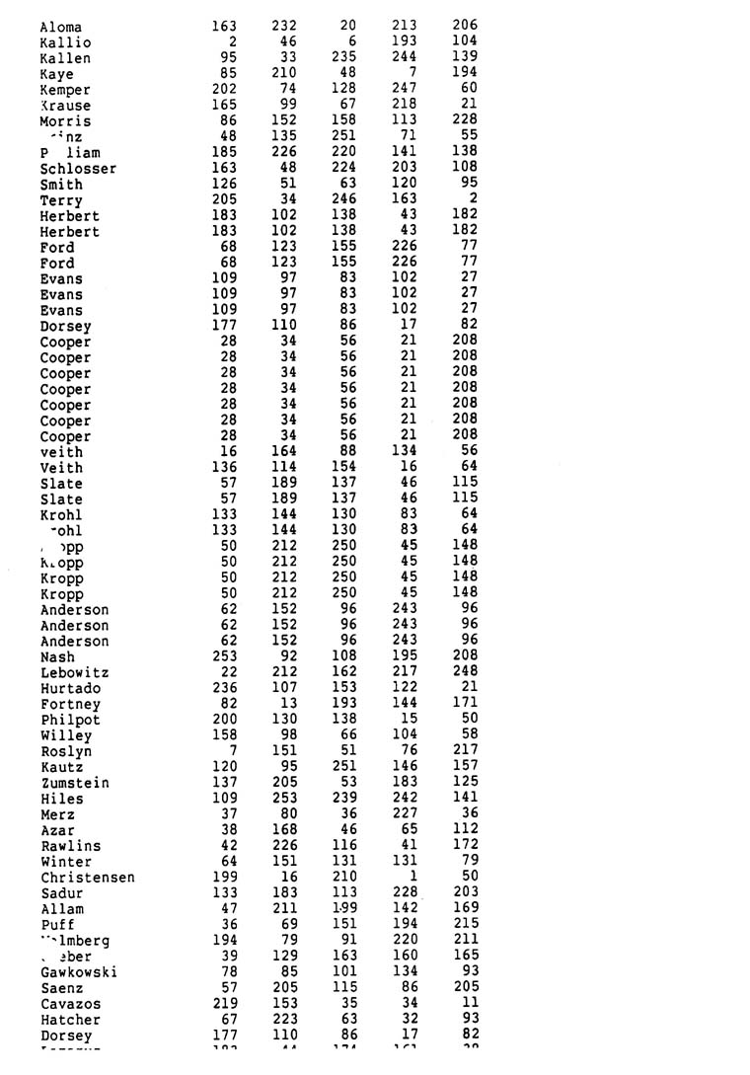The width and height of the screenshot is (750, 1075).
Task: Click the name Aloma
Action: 61,27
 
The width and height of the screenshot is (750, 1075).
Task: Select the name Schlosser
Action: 78,169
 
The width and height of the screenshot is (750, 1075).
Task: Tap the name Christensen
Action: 88,878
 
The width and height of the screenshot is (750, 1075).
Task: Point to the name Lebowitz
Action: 74,673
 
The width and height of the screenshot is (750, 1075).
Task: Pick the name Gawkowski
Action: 79,972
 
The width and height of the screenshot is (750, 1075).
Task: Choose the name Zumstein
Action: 75,783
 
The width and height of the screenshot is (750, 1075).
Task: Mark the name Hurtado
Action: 70,689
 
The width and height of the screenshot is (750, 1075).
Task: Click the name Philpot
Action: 70,721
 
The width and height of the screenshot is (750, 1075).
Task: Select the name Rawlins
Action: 70,846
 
